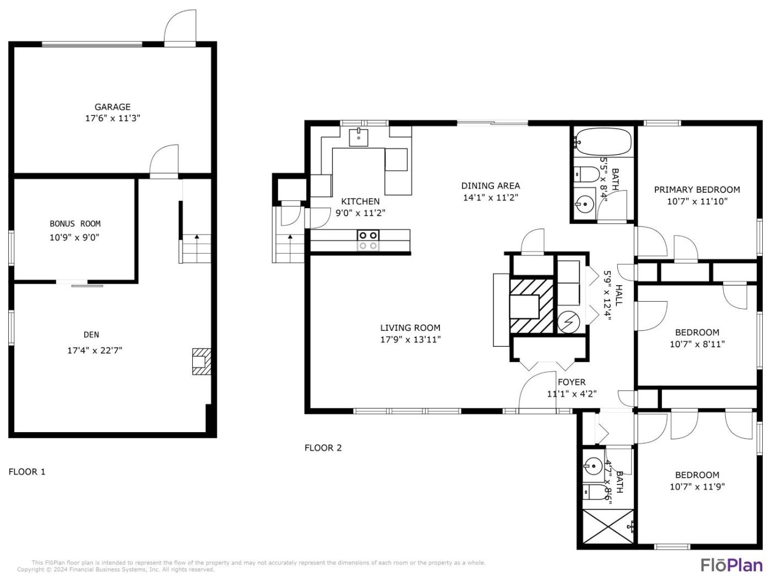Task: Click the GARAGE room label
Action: [x=112, y=107]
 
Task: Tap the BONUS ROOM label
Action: [x=75, y=223]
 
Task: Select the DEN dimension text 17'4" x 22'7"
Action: [x=95, y=350]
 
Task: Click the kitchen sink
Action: [x=359, y=137]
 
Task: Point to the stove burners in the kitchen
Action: [x=368, y=241]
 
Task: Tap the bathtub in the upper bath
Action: [x=602, y=142]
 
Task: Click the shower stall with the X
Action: [x=607, y=526]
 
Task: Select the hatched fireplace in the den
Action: [x=202, y=361]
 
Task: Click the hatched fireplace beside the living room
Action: [x=531, y=306]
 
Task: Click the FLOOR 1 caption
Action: [x=27, y=472]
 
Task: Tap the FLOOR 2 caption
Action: [x=323, y=448]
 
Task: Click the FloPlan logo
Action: [x=732, y=565]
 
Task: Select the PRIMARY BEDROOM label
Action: [x=697, y=189]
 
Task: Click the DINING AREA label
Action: [x=490, y=186]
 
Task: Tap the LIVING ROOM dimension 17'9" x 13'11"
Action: [x=410, y=339]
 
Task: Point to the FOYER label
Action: [x=572, y=382]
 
